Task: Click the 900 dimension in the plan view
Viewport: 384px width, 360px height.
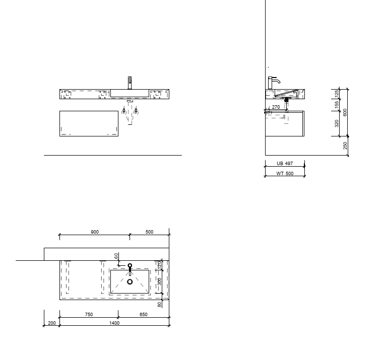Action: pyautogui.click(x=95, y=232)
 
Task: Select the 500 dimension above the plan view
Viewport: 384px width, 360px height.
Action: pyautogui.click(x=149, y=232)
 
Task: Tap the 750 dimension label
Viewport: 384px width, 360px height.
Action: pyautogui.click(x=89, y=315)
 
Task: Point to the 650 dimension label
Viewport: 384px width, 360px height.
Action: pyautogui.click(x=144, y=315)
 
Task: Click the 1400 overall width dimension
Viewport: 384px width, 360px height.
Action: pyautogui.click(x=114, y=323)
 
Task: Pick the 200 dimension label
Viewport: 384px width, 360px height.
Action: pyautogui.click(x=52, y=323)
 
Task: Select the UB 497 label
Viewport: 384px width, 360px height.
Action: pyautogui.click(x=285, y=164)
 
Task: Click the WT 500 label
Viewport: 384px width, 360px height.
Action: pyautogui.click(x=285, y=174)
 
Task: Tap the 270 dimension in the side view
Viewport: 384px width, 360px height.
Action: pyautogui.click(x=276, y=107)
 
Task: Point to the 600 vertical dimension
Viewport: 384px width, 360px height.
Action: pyautogui.click(x=345, y=113)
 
